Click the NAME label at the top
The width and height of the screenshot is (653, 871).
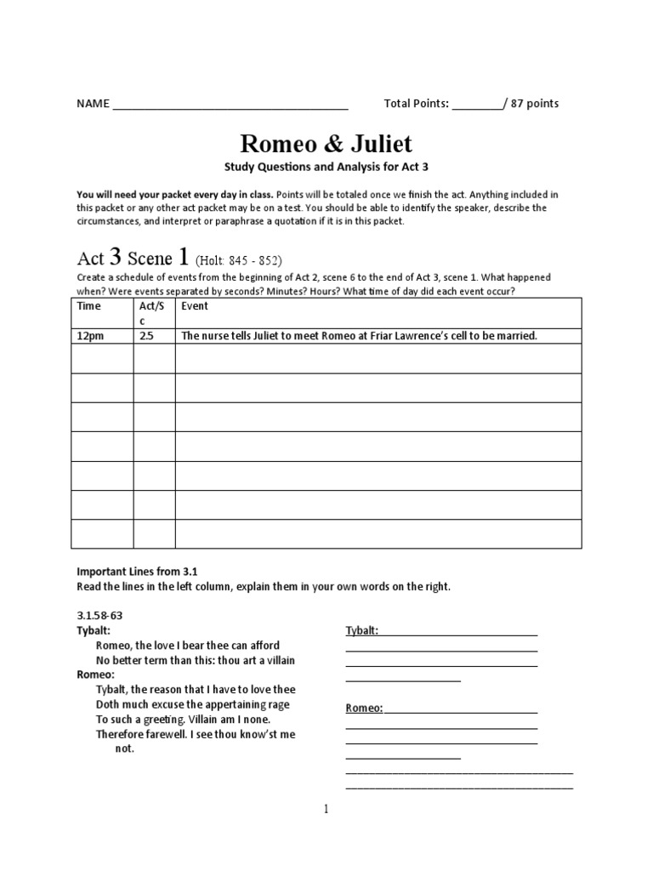click(93, 104)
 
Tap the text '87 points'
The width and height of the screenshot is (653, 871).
click(535, 104)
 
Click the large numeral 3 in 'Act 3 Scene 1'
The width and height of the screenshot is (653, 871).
click(114, 258)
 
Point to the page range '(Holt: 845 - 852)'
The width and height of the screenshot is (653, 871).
click(238, 261)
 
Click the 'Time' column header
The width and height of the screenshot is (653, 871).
click(88, 306)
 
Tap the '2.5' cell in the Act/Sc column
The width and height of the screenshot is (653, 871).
click(146, 336)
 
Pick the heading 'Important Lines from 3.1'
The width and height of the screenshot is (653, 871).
click(137, 572)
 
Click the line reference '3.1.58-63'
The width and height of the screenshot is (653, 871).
click(100, 615)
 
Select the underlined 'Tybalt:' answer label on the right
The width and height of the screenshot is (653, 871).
click(361, 630)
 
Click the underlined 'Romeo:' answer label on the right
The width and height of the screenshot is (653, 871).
click(364, 708)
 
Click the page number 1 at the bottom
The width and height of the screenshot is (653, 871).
click(326, 809)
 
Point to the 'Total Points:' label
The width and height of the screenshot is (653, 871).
click(416, 104)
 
